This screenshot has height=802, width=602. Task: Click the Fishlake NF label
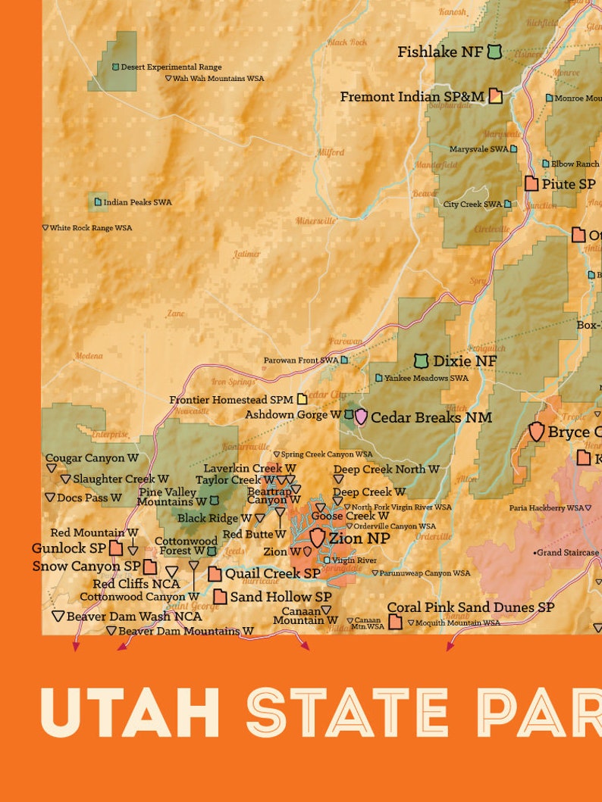[440, 52]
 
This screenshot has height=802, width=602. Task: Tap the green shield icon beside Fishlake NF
[494, 51]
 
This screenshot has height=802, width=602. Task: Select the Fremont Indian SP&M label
[412, 97]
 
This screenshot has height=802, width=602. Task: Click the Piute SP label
[568, 184]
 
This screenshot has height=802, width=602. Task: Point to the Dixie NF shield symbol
[422, 361]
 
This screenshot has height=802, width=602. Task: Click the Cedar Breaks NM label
[431, 417]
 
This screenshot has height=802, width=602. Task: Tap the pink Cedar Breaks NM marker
[361, 417]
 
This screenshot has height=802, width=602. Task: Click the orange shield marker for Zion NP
[317, 538]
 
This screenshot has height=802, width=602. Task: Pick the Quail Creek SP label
[272, 573]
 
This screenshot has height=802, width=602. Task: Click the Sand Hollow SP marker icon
[220, 597]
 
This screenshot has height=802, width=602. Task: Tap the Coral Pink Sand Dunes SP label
[470, 607]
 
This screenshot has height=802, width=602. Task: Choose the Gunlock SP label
[69, 548]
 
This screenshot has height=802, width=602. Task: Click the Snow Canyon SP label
[86, 566]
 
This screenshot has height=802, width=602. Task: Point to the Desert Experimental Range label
[171, 67]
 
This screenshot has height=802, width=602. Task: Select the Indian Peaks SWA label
[137, 202]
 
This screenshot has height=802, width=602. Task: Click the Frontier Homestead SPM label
[231, 399]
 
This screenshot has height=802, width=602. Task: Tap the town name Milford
[331, 152]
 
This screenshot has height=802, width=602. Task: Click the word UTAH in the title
[130, 713]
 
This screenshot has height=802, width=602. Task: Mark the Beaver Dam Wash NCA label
[134, 616]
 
